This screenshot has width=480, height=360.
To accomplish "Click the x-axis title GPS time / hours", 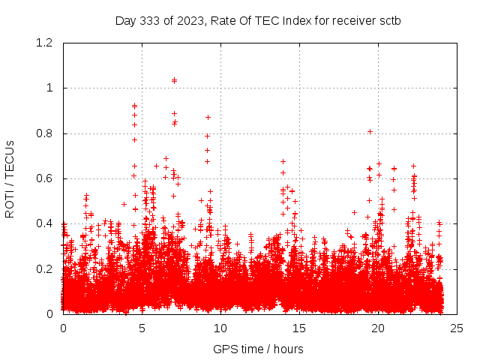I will [x=258, y=349].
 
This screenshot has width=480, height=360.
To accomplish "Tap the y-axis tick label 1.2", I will [x=46, y=43].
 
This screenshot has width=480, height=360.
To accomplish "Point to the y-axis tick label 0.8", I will [x=46, y=133].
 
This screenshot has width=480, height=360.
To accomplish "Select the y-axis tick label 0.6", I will [x=46, y=178].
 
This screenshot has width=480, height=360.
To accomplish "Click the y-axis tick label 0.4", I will [x=46, y=223].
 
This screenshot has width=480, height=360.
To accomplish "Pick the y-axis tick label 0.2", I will [x=46, y=268].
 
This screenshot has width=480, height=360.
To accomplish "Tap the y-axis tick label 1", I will [x=49, y=88].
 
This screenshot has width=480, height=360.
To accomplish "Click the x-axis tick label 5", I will [x=142, y=328].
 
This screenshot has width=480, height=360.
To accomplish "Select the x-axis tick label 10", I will [x=220, y=328].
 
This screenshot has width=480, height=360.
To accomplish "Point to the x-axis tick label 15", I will [x=299, y=328].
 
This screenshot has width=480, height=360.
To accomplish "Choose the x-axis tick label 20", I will [x=378, y=328].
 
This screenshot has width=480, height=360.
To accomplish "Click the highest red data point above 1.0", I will [x=175, y=80].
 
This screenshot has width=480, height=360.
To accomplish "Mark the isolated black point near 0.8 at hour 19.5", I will [x=370, y=131].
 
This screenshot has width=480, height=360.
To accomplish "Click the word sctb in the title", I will [x=389, y=20].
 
